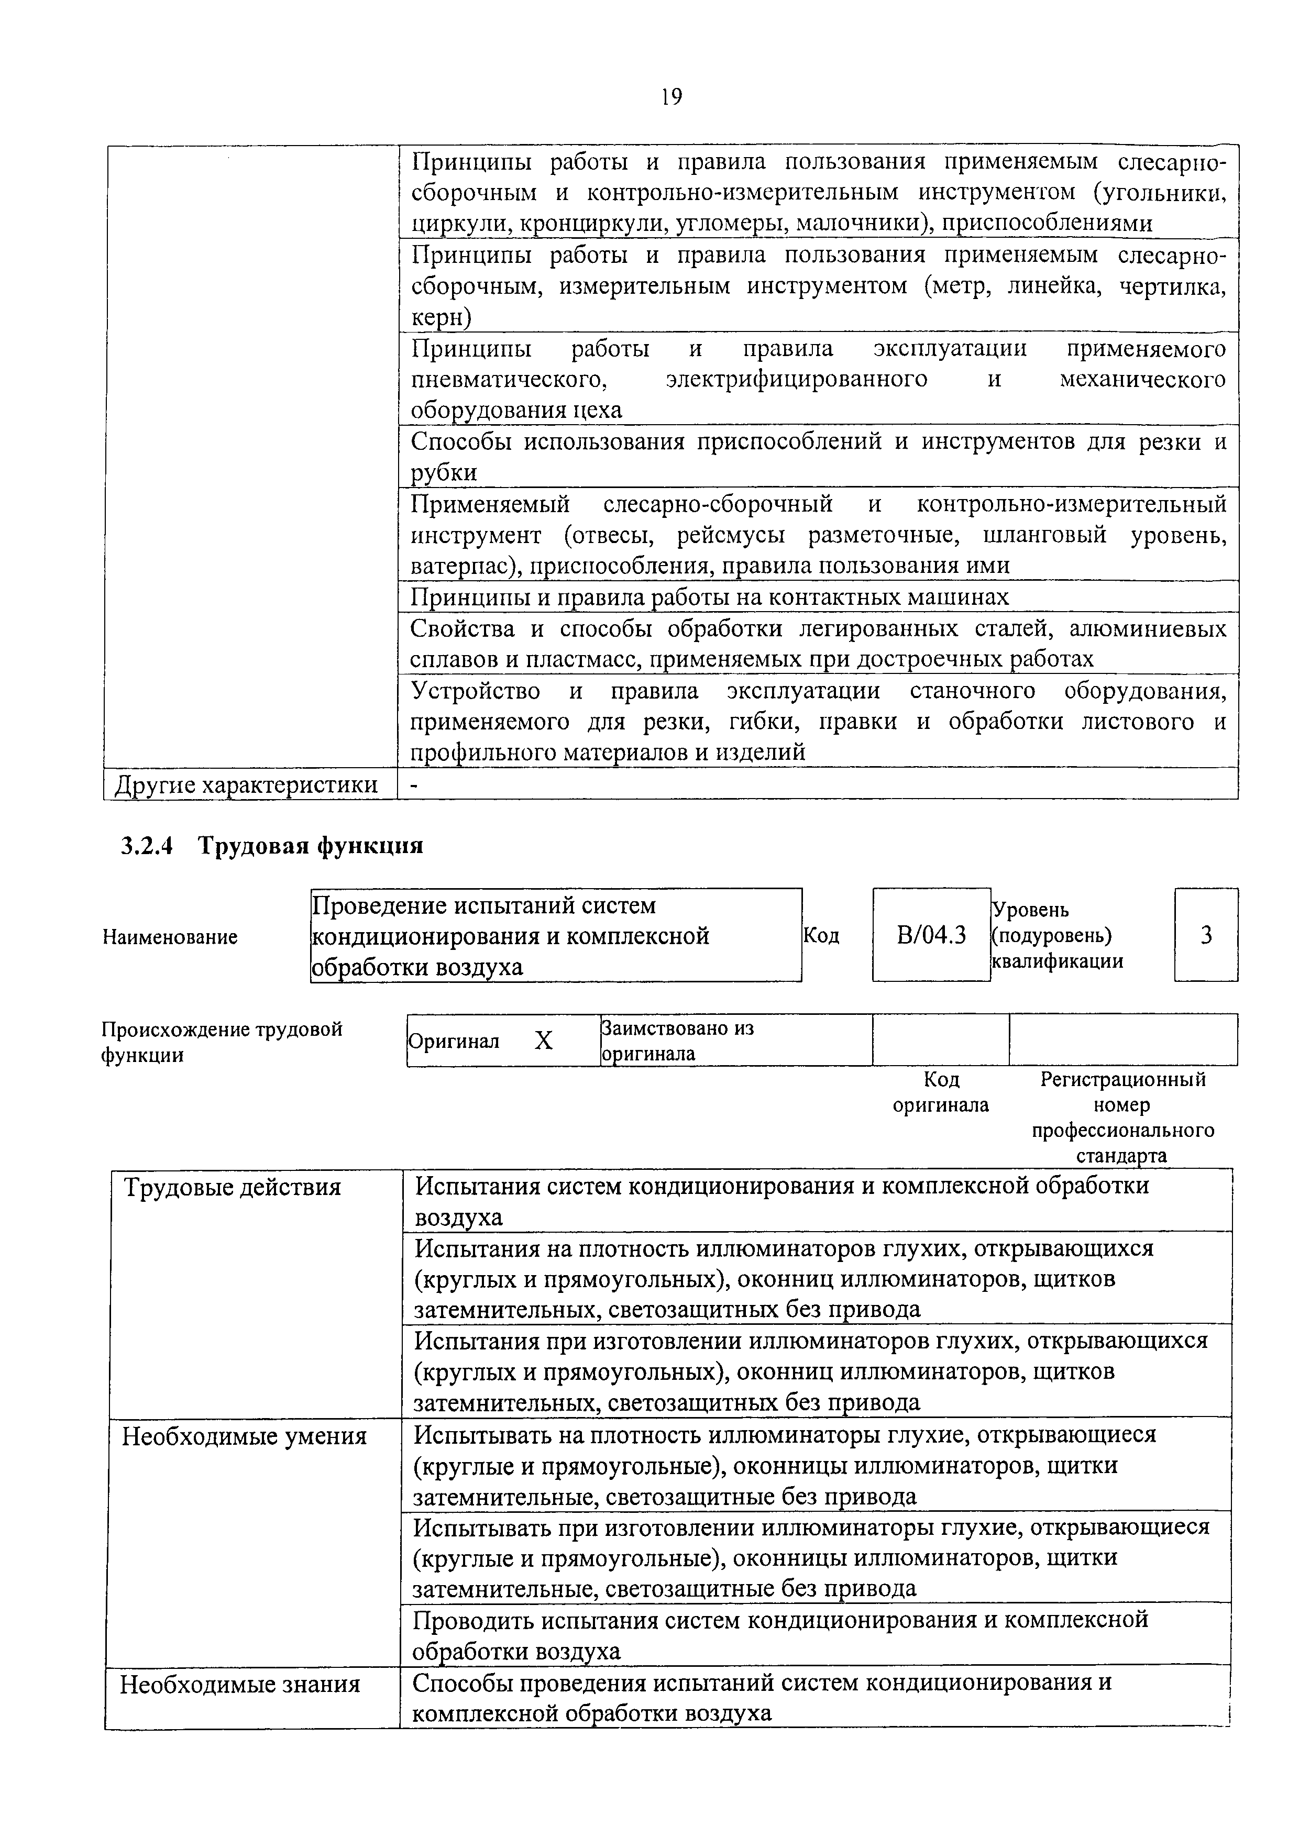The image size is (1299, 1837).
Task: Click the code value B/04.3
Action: click(931, 935)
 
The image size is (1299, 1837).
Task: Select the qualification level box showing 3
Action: click(1205, 935)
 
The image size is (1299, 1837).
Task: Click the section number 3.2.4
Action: click(147, 846)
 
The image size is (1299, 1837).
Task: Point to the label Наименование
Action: click(170, 937)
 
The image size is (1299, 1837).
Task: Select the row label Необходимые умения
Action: click(244, 1437)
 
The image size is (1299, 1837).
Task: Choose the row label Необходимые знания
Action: click(240, 1685)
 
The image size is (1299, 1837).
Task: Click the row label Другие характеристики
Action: click(246, 784)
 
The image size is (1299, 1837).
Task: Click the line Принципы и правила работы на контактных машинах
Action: click(709, 597)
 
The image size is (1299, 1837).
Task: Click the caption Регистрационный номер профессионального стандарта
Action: click(1122, 1117)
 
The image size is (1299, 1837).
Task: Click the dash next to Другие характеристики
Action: click(414, 785)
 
